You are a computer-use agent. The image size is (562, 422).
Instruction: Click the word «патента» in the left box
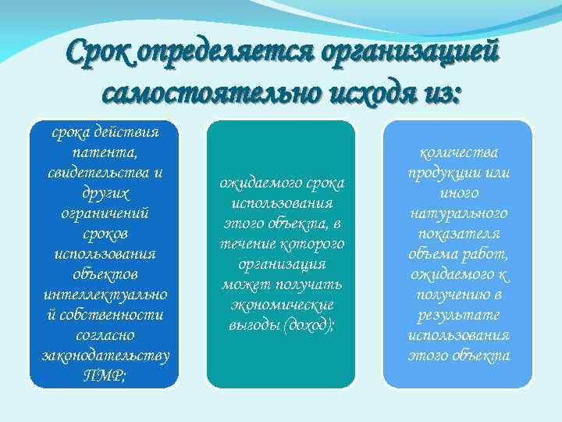point(104,152)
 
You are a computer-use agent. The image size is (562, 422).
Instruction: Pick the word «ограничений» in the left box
point(104,213)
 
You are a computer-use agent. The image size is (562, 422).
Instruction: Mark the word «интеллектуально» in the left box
point(104,294)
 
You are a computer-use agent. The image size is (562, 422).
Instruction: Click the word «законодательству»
point(104,355)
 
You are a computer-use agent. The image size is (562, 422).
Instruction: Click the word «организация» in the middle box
point(282,264)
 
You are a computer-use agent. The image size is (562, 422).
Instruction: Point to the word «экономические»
point(282,305)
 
